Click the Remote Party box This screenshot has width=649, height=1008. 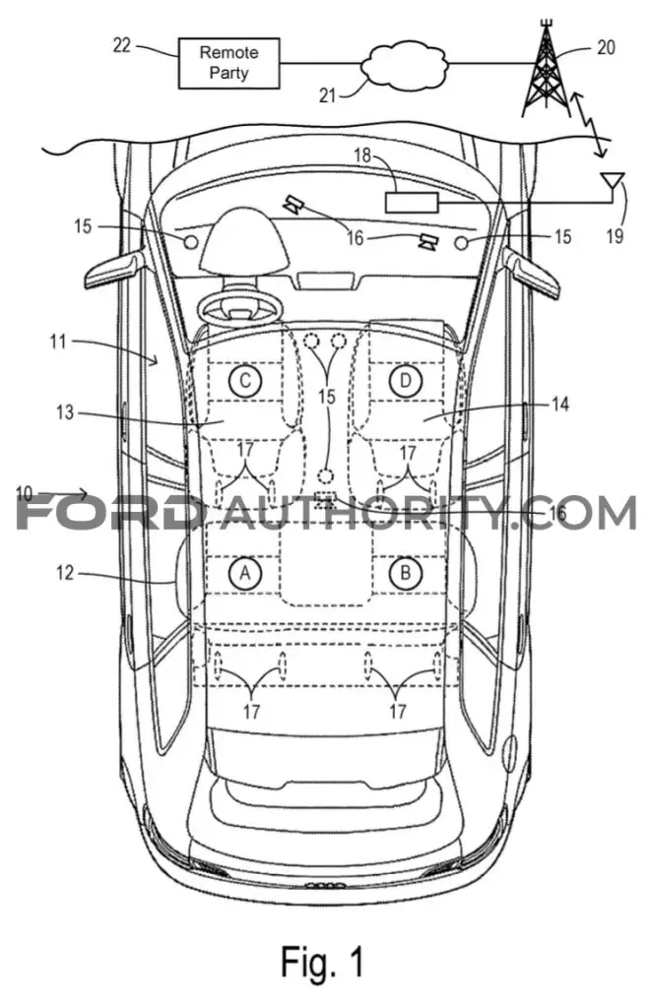229,62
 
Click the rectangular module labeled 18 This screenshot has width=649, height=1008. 412,203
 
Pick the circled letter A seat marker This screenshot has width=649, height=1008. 245,572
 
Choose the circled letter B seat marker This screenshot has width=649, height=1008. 405,572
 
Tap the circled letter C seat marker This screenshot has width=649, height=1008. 245,381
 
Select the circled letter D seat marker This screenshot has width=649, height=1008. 405,381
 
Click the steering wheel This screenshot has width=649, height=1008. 240,307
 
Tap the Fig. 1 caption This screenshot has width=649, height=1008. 322,962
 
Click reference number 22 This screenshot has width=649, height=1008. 121,45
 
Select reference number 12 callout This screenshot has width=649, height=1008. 65,572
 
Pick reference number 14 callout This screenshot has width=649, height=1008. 559,405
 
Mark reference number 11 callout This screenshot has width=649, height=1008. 58,341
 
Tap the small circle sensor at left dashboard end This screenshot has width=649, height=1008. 191,241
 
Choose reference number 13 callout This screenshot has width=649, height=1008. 65,411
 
